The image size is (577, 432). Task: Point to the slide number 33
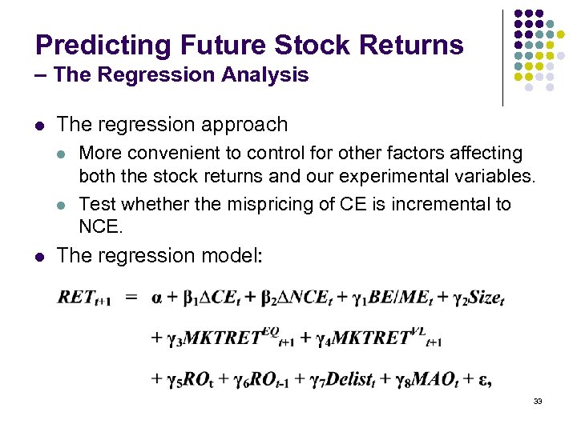(x=538, y=401)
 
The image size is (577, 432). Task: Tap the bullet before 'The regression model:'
(x=40, y=256)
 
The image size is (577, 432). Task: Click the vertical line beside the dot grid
(x=502, y=58)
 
